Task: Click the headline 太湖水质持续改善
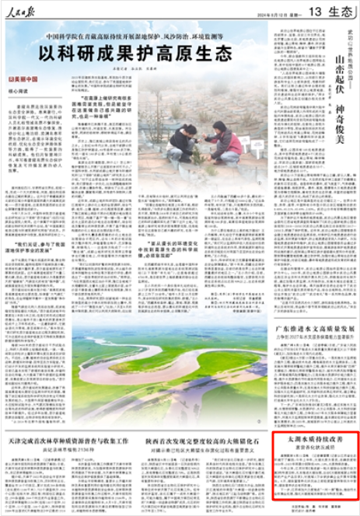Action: click(x=311, y=441)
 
